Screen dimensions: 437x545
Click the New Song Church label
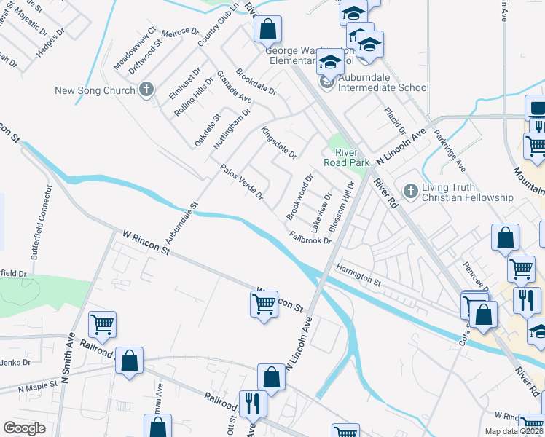(x=95, y=90)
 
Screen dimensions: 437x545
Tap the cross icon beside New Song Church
(x=146, y=90)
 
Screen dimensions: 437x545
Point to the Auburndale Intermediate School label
(x=382, y=87)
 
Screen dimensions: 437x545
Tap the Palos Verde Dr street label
(x=241, y=183)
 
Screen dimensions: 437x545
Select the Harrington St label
(x=358, y=275)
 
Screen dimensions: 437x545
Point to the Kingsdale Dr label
(x=278, y=142)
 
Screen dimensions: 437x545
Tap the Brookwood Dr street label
(x=299, y=197)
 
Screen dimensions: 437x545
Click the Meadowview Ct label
(x=135, y=48)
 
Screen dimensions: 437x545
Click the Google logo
(x=24, y=428)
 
